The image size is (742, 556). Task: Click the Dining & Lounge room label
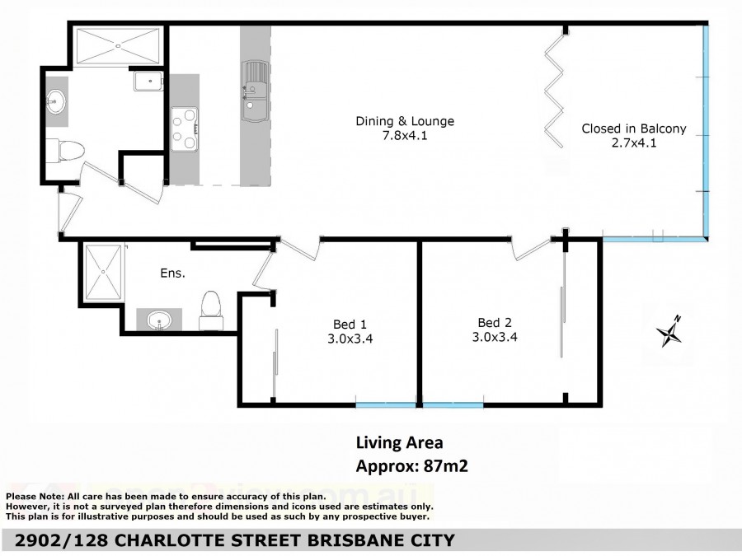point(405,122)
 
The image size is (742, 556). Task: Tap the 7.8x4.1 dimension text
point(405,136)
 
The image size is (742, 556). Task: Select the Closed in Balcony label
point(634,128)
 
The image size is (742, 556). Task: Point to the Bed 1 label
point(350,325)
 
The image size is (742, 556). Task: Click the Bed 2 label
point(495,323)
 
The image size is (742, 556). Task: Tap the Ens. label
point(172,273)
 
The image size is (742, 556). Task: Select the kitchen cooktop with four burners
point(184,129)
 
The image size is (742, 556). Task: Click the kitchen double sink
point(255,91)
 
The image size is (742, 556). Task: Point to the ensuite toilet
point(211,311)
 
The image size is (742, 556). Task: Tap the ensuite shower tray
point(103,273)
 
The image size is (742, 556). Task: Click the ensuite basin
point(159,320)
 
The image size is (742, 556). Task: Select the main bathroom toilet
point(65,151)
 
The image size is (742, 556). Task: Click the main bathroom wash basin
point(56,102)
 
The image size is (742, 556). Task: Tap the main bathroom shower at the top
point(118,46)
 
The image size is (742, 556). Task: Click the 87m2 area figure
point(446,466)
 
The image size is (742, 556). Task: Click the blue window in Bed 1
point(386,405)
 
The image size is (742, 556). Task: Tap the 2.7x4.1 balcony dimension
point(634,143)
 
